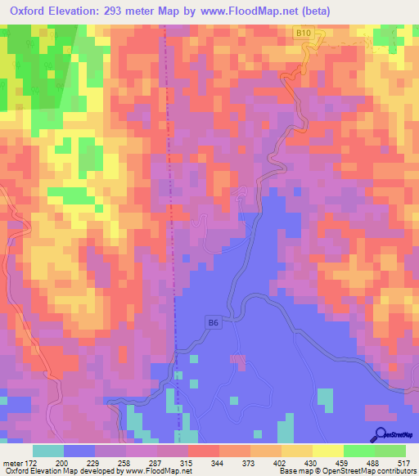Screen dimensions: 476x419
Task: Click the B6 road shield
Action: pyautogui.click(x=213, y=324)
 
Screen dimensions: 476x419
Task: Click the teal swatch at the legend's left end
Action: pyautogui.click(x=48, y=450)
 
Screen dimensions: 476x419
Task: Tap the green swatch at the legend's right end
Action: pyautogui.click(x=390, y=450)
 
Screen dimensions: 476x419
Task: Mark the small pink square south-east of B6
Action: pyautogui.click(x=237, y=358)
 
